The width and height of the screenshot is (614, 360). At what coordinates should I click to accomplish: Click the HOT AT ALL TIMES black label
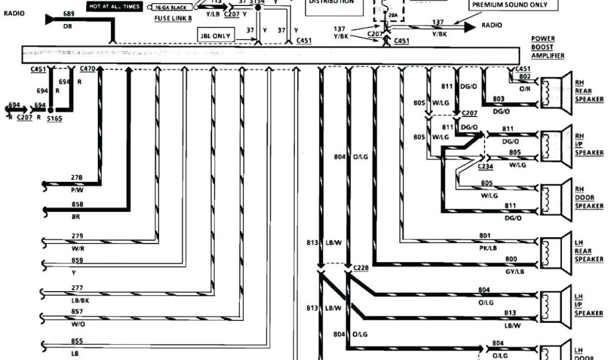(x=114, y=7)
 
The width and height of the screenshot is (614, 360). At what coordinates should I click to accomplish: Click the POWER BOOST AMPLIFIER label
(x=547, y=47)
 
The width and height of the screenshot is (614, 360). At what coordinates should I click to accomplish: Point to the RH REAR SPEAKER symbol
(x=555, y=91)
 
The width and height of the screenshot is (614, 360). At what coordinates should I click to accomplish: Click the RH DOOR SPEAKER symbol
(x=555, y=197)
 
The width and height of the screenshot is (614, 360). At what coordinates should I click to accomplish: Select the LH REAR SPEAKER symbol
(x=555, y=250)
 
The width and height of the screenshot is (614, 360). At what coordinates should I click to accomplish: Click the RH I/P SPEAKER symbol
(x=555, y=144)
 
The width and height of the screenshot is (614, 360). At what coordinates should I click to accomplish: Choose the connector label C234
(x=486, y=166)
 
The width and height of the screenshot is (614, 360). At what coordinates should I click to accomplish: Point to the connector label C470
(x=87, y=69)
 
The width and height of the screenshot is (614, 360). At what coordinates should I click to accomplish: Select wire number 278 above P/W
(x=77, y=178)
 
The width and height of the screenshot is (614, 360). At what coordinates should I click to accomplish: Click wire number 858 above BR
(x=77, y=205)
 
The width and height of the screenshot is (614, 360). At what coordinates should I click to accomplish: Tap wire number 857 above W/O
(x=77, y=312)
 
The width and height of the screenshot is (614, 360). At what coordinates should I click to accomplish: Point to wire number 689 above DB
(x=69, y=14)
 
